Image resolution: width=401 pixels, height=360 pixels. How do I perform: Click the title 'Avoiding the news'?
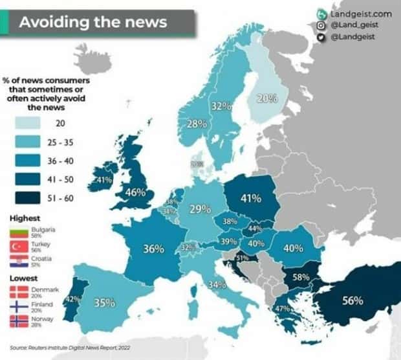coord(92,22)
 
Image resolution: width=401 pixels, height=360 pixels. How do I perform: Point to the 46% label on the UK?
coord(135,192)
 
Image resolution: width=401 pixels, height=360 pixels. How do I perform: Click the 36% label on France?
coord(153,248)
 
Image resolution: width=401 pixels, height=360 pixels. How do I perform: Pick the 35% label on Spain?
coord(104,302)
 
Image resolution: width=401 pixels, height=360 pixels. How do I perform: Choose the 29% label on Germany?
coord(200,209)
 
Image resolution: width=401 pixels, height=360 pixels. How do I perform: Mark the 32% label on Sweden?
coord(221,106)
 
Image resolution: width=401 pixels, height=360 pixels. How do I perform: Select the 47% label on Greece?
coord(282,309)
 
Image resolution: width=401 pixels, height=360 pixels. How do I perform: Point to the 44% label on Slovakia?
coord(254,229)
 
